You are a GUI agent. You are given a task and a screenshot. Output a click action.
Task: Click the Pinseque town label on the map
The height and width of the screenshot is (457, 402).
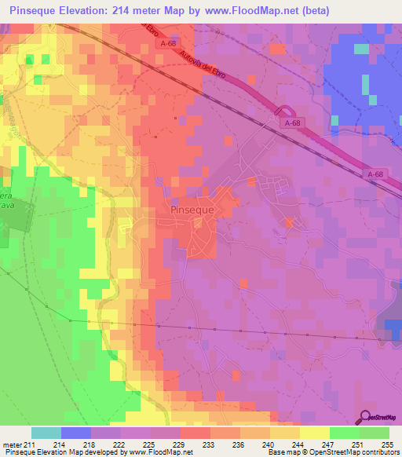192,210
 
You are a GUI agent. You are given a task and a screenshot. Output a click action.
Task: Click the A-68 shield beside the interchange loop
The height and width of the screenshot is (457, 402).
293,123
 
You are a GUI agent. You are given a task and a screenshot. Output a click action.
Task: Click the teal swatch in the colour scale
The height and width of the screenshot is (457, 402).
46,433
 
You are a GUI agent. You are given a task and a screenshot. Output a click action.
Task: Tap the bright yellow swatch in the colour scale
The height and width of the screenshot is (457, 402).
314,433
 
